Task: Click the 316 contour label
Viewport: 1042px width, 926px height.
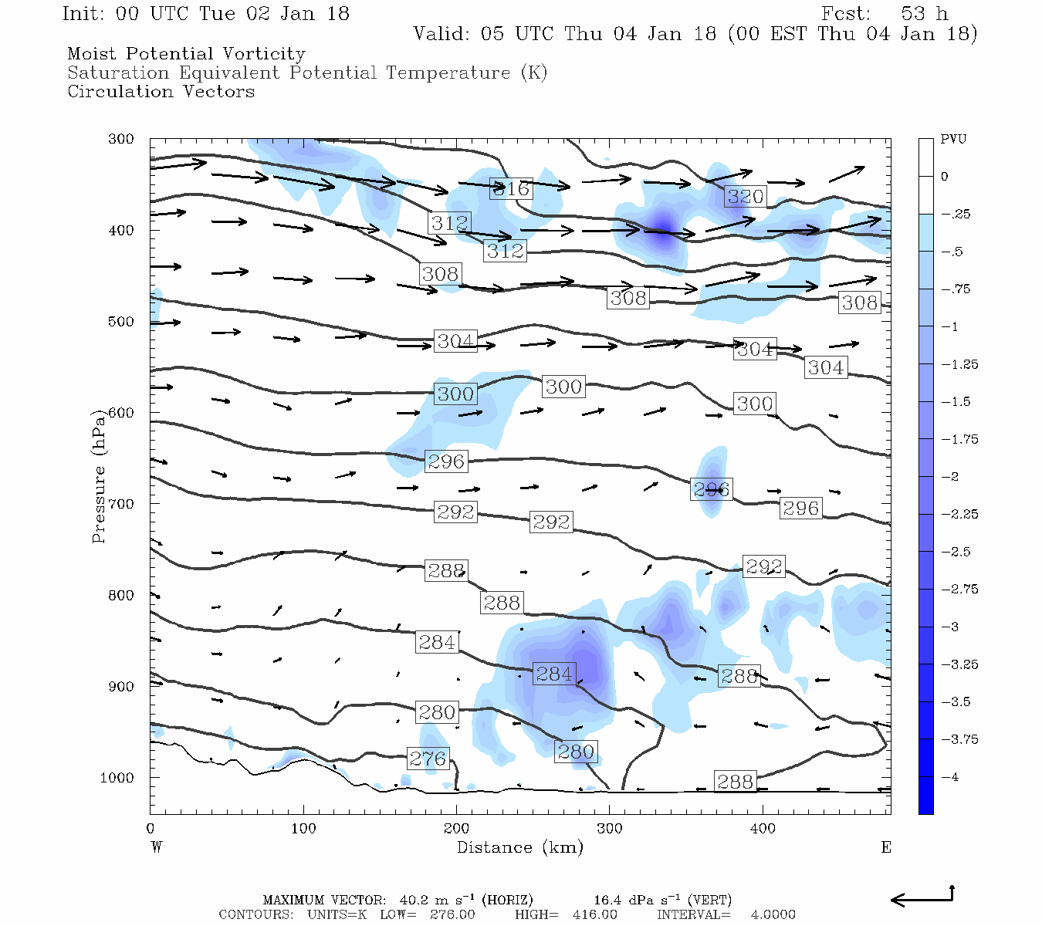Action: coord(511,188)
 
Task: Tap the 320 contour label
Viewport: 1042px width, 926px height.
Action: coord(745,196)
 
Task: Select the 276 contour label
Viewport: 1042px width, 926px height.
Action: coord(428,759)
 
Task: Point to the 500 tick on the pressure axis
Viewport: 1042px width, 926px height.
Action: coord(120,322)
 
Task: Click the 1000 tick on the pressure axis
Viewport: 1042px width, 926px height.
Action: coord(117,778)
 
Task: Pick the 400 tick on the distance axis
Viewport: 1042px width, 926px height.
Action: coord(763,829)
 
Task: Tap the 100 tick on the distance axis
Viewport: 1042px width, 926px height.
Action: coord(303,829)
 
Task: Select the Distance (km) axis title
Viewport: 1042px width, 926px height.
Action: coord(520,847)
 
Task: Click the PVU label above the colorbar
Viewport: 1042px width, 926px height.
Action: coord(953,140)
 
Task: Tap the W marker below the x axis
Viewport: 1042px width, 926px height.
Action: coord(157,847)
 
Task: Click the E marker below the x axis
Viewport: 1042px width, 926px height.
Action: coord(886,847)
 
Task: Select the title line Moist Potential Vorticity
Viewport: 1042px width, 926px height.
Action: coord(186,54)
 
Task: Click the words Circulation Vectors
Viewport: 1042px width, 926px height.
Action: coord(161,91)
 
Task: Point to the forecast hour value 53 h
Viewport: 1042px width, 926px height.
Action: coord(924,14)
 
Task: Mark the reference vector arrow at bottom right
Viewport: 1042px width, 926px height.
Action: coord(923,897)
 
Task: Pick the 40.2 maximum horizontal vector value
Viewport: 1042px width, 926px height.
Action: coord(413,900)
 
